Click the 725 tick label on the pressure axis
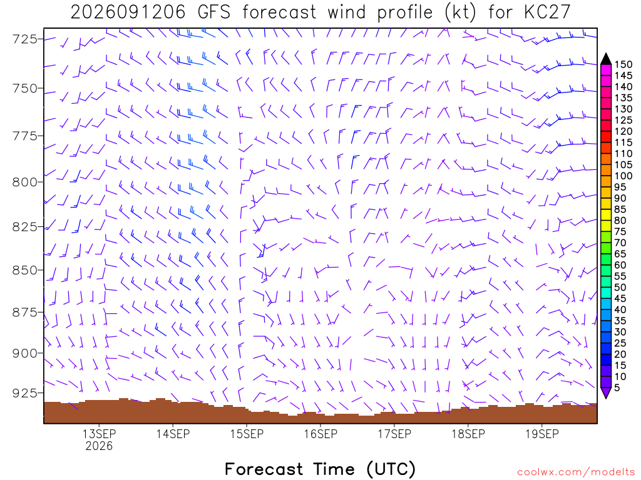[x=24, y=39]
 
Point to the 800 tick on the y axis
[x=24, y=182]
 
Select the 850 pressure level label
[x=24, y=270]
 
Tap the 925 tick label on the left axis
[x=24, y=393]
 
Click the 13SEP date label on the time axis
[x=99, y=434]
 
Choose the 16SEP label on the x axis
[x=320, y=434]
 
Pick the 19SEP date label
[x=542, y=434]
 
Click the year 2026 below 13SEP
[x=99, y=446]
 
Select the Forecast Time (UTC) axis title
[x=320, y=469]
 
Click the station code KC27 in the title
[x=547, y=12]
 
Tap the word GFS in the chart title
[x=214, y=12]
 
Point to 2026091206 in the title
[x=128, y=12]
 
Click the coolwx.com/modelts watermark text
[x=576, y=472]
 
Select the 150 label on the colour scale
[x=623, y=64]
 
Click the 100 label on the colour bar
[x=623, y=176]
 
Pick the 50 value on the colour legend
[x=620, y=287]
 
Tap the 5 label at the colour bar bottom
[x=617, y=387]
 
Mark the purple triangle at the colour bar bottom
[x=606, y=392]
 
